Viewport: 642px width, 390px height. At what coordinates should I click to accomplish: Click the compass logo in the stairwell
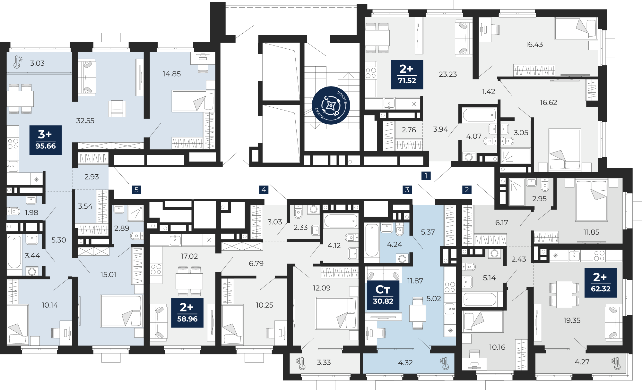[x=331, y=105]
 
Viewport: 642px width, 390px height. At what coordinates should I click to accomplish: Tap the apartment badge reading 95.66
[x=46, y=140]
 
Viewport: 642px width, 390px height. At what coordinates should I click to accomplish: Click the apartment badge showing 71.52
[x=407, y=74]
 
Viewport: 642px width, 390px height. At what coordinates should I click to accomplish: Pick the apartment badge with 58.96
[x=187, y=313]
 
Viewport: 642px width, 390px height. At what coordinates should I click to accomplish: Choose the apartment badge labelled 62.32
[x=601, y=283]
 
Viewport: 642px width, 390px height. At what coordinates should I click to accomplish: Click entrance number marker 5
[x=136, y=190]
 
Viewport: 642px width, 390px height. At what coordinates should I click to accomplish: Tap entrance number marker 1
[x=426, y=176]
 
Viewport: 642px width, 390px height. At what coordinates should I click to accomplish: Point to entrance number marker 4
[x=264, y=190]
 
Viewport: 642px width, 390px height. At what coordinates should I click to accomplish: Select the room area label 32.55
[x=85, y=121]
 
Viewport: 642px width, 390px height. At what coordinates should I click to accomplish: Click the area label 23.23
[x=448, y=74]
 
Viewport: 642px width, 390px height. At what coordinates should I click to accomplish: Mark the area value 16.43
[x=534, y=45]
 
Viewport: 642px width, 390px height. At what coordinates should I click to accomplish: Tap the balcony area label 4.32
[x=405, y=363]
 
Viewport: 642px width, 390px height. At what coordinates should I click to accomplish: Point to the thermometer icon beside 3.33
[x=301, y=363]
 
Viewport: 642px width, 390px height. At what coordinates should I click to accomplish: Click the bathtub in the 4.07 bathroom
[x=479, y=115]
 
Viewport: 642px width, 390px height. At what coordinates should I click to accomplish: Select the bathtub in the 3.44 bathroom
[x=14, y=252]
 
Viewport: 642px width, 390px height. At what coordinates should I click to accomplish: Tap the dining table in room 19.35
[x=564, y=295]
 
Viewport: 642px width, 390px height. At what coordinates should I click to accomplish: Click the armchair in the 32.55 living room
[x=117, y=109]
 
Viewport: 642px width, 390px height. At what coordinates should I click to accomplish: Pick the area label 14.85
[x=172, y=74]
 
